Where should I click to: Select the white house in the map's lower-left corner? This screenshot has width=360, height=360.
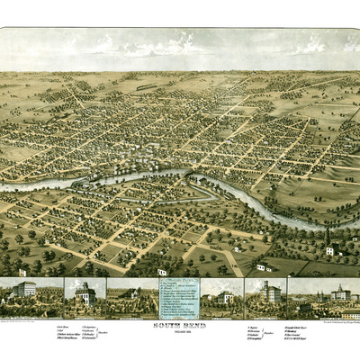[22, 271]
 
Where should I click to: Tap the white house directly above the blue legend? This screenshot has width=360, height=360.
[162, 271]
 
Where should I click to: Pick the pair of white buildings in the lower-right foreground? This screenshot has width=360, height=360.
[263, 266]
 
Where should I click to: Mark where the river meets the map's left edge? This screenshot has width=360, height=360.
[4, 187]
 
